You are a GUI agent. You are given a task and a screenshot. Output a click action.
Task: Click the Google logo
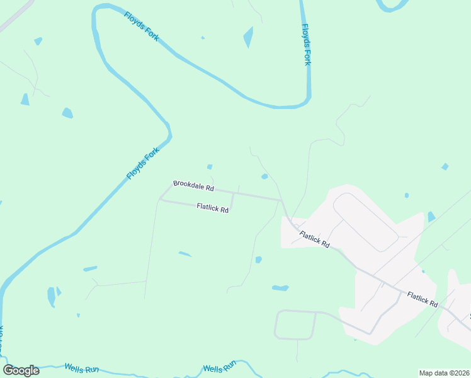(x=21, y=370)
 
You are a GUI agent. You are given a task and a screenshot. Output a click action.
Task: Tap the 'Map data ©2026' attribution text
(x=443, y=372)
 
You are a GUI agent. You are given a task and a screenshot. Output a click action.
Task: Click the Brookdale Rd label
(x=193, y=186)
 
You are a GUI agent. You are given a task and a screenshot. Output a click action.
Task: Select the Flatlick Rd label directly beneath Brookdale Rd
(x=212, y=207)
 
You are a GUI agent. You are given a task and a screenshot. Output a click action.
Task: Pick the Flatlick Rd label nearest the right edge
(x=422, y=299)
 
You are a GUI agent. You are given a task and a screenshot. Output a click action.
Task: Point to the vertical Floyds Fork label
(x=307, y=45)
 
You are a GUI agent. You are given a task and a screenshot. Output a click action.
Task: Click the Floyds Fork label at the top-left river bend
(x=141, y=26)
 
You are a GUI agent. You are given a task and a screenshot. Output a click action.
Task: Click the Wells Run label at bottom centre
(x=219, y=367)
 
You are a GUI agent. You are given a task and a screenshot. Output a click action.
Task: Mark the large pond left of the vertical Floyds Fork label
(x=248, y=37)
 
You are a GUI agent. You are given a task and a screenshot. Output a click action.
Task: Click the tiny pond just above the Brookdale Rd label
(x=210, y=167)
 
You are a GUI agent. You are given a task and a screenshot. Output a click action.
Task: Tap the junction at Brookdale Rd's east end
(x=281, y=200)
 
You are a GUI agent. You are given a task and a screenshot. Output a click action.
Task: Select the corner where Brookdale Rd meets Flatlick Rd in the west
(x=161, y=200)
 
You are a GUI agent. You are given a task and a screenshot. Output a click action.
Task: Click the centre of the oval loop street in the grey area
(x=365, y=222)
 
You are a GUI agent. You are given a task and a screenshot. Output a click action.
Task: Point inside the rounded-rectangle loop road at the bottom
(x=295, y=324)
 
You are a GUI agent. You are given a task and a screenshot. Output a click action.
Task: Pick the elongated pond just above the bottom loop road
(x=280, y=288)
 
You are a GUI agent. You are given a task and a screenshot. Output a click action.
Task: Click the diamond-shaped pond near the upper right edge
(x=445, y=166)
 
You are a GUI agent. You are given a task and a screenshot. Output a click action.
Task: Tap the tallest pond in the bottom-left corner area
(x=51, y=296)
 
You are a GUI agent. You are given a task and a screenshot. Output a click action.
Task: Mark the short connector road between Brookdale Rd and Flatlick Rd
(x=232, y=202)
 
